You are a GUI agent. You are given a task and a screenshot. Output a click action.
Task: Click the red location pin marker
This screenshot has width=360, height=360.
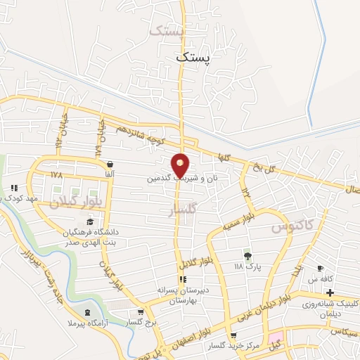coord(181,165)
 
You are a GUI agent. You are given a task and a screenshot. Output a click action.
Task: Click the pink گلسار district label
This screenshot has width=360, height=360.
coord(184,209)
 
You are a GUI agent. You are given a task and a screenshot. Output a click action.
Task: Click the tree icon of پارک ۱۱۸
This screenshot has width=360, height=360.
coord(247,255)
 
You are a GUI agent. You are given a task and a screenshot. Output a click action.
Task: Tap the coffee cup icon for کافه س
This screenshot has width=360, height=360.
coord(321,269)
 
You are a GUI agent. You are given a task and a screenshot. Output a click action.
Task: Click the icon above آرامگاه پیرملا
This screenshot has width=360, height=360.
coord(86,312)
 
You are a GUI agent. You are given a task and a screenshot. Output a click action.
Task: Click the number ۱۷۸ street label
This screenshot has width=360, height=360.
coord(57,172)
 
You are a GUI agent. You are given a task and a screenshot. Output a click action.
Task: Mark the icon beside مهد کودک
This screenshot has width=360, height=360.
coord(14,188)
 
